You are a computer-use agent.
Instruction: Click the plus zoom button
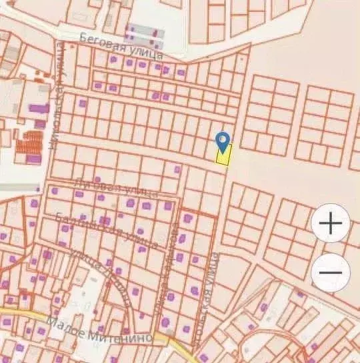(331, 224)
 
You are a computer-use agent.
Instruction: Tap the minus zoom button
(331, 272)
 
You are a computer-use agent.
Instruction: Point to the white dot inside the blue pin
(223, 139)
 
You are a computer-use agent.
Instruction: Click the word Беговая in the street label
(102, 41)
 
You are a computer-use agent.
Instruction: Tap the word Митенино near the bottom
(123, 337)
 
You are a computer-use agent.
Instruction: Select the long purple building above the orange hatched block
(39, 107)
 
